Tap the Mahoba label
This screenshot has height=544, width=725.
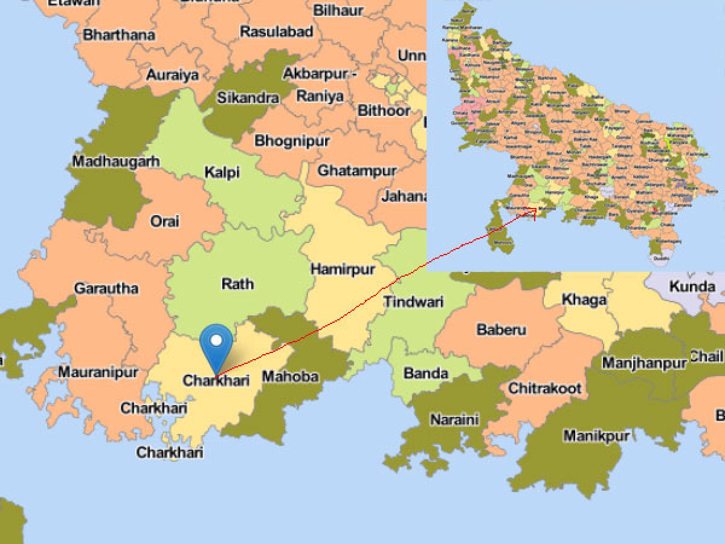pyautogui.click(x=290, y=377)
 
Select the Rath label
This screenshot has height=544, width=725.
pyautogui.click(x=237, y=284)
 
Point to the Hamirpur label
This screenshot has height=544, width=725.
pyautogui.click(x=343, y=269)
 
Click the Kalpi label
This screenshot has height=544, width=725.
pyautogui.click(x=222, y=172)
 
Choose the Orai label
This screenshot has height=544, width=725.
pyautogui.click(x=165, y=221)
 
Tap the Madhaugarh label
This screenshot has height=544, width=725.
pyautogui.click(x=116, y=161)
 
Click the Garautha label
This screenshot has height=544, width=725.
pyautogui.click(x=106, y=288)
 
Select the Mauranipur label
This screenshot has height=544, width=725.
pyautogui.click(x=98, y=372)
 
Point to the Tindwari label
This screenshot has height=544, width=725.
pyautogui.click(x=414, y=302)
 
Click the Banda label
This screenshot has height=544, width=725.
pyautogui.click(x=426, y=373)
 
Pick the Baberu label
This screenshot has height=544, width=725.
pyautogui.click(x=501, y=330)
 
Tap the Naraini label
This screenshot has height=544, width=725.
pyautogui.click(x=454, y=419)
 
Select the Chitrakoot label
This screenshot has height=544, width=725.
pyautogui.click(x=545, y=388)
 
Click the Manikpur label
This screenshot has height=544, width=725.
pyautogui.click(x=597, y=436)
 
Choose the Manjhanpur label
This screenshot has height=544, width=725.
pyautogui.click(x=645, y=363)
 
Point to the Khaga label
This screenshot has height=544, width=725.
pyautogui.click(x=576, y=299)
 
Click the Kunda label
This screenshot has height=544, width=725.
pyautogui.click(x=692, y=287)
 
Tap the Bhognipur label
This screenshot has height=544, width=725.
pyautogui.click(x=292, y=141)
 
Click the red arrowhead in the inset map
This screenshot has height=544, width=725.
pyautogui.click(x=532, y=210)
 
